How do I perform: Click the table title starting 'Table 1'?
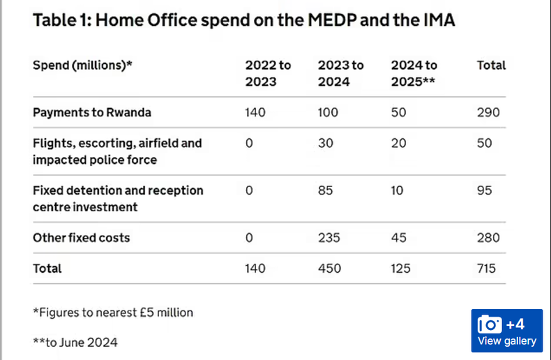tap(243, 20)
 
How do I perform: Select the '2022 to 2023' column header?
tap(268, 73)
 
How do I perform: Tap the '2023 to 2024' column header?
tap(340, 73)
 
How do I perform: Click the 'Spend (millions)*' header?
tap(82, 66)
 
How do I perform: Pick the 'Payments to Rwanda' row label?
tap(91, 112)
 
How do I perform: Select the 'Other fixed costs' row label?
tap(81, 238)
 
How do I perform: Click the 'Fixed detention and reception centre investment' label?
tap(118, 199)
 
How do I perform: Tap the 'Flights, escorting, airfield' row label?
tap(117, 151)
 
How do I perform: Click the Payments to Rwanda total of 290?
tap(488, 112)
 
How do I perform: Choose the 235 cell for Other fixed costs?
tap(329, 238)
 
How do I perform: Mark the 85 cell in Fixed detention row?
tap(325, 190)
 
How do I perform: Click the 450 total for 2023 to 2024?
tap(329, 269)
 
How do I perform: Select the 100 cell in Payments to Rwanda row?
tap(329, 112)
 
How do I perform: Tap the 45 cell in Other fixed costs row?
tap(398, 238)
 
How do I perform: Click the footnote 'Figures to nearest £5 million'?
tap(113, 312)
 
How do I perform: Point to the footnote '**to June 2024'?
tap(75, 342)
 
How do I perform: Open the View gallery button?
tap(507, 341)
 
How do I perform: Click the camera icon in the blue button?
tap(489, 324)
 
